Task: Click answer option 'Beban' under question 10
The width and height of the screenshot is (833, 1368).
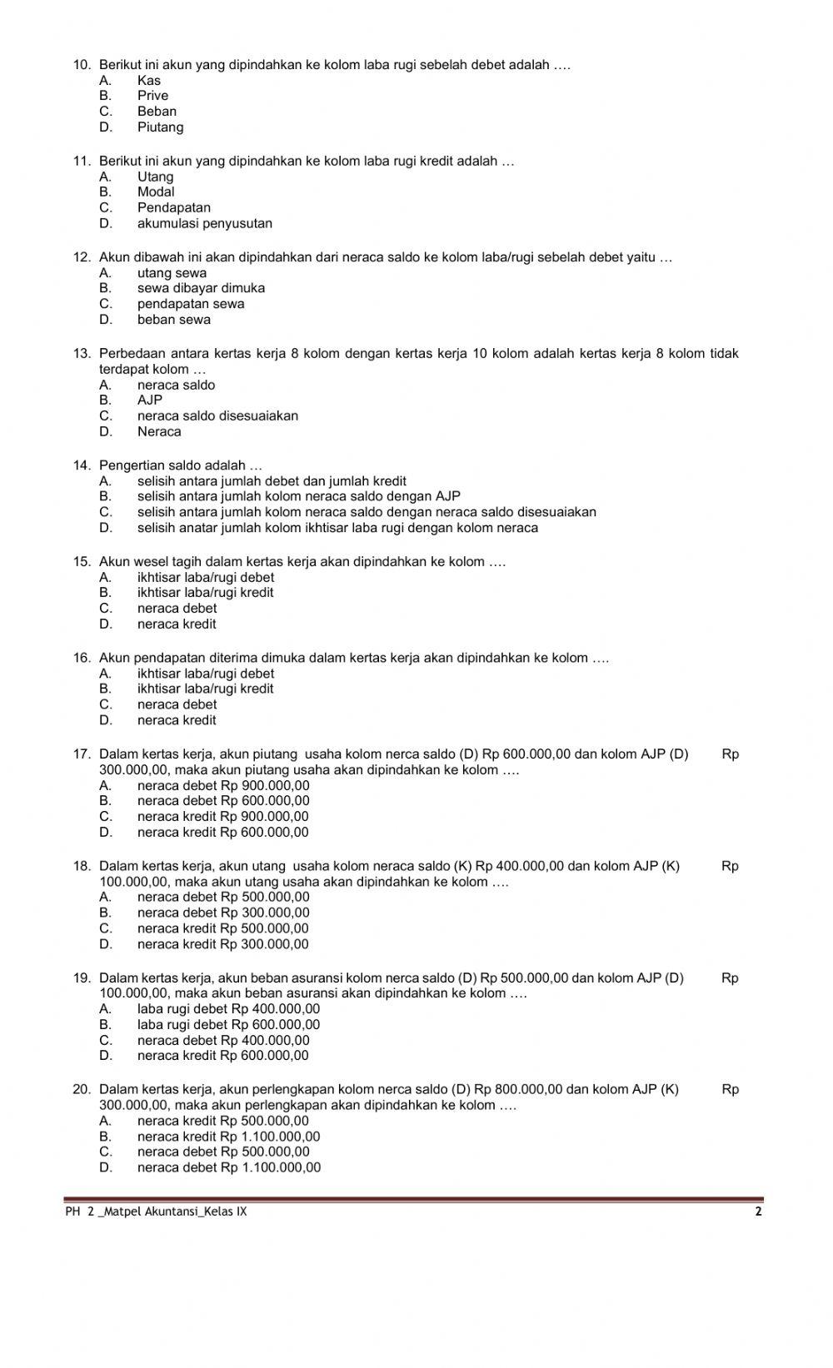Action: pyautogui.click(x=157, y=112)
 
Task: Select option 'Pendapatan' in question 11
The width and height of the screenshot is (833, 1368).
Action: pyautogui.click(x=173, y=208)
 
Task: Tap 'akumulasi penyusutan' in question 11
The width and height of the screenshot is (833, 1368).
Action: pyautogui.click(x=204, y=224)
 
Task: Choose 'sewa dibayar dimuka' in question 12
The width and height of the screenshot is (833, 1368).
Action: pyautogui.click(x=201, y=288)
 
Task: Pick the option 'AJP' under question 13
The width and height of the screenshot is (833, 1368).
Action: pyautogui.click(x=150, y=400)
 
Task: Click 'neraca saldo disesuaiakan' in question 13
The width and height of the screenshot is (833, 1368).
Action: pyautogui.click(x=217, y=416)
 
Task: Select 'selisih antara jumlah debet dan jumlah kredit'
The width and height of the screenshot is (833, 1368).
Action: pyautogui.click(x=272, y=481)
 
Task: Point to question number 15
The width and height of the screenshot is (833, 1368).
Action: pyautogui.click(x=82, y=562)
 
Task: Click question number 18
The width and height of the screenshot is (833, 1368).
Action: pyautogui.click(x=82, y=867)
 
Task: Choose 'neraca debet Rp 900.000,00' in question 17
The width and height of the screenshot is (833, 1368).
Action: pyautogui.click(x=223, y=786)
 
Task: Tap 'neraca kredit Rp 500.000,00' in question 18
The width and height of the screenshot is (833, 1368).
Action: pyautogui.click(x=222, y=928)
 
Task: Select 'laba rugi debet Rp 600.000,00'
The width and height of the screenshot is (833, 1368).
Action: pyautogui.click(x=228, y=1025)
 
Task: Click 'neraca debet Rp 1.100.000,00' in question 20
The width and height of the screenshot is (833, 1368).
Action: pyautogui.click(x=229, y=1168)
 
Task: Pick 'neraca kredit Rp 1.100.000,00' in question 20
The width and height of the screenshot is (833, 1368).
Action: pyautogui.click(x=228, y=1137)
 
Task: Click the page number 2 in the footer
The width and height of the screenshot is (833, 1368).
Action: pyautogui.click(x=758, y=1212)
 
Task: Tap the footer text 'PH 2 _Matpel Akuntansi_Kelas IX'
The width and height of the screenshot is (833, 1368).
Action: pyautogui.click(x=156, y=1212)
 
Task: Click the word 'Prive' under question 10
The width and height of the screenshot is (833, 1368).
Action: pyautogui.click(x=152, y=96)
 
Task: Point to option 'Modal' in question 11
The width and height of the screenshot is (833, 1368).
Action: pyautogui.click(x=156, y=192)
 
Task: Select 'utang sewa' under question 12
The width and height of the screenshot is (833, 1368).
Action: pyautogui.click(x=172, y=273)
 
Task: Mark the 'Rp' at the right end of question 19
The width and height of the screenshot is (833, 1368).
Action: pyautogui.click(x=730, y=978)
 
